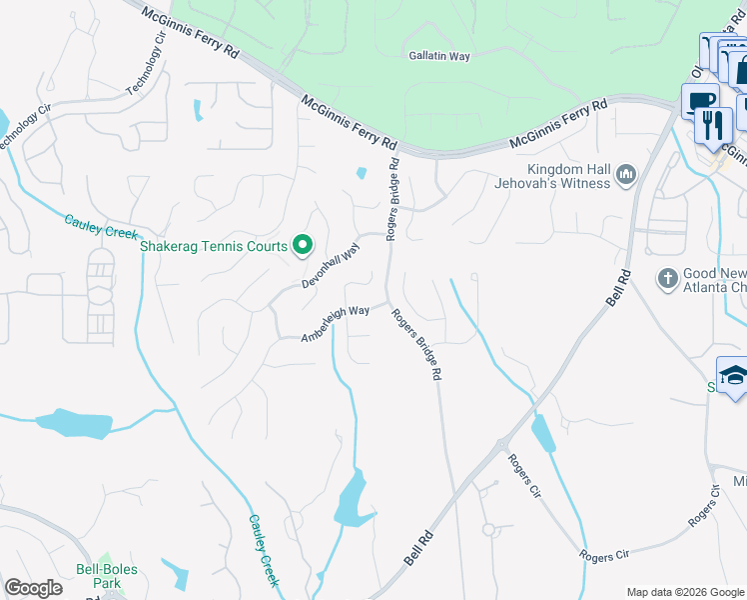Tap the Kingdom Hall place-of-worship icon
point(626,176)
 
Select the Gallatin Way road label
point(439,57)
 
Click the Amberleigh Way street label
point(336,324)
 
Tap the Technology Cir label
point(146,68)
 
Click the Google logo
point(33,588)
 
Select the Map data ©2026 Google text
point(684,592)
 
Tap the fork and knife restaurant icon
point(713,124)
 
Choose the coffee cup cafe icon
point(700,101)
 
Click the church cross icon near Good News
point(668,278)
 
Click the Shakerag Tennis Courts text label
point(214,246)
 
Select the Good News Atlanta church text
point(714,280)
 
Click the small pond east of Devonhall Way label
point(361,173)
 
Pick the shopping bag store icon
point(740,71)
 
